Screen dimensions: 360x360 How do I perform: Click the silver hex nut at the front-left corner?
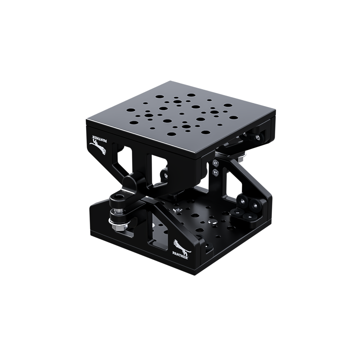117,227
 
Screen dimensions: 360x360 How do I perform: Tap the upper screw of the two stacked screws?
215,163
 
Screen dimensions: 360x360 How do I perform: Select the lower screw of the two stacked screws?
215,171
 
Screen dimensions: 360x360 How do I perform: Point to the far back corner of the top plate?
170,81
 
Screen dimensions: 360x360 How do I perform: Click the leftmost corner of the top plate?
86,120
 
